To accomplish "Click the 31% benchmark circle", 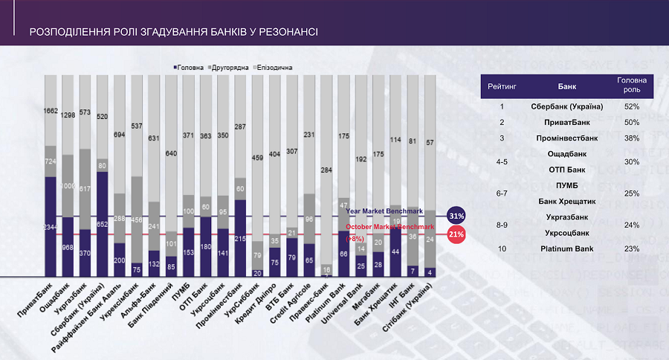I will pos(456,216).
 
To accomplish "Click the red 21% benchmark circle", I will pos(456,234).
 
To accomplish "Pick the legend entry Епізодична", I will pos(274,67).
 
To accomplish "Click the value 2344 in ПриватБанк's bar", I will pos(50,228).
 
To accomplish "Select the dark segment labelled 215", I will pos(239,238).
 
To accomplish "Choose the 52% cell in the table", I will pos(632,106).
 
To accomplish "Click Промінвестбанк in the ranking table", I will pos(566,138).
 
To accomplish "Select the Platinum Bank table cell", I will pos(566,248).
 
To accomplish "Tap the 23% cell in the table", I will pos(632,248).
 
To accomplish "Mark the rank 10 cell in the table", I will pos(502,248).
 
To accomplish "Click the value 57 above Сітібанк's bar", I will pos(429,141).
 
